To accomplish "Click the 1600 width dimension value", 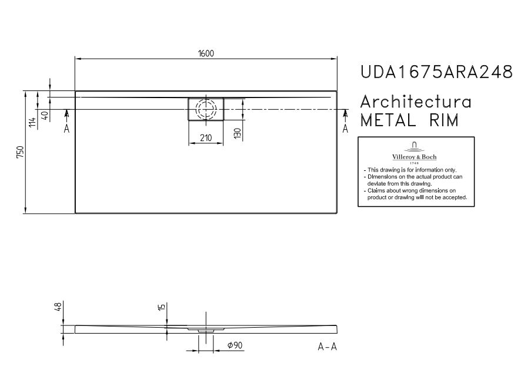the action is tap(206, 53).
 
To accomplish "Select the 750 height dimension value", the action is tap(21, 152).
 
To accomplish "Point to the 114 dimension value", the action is tap(32, 122).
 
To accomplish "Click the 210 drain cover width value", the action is tap(206, 137).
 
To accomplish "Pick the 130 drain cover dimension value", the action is tap(238, 133).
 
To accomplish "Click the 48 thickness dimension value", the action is tap(58, 307).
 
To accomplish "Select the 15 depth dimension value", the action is tap(162, 307).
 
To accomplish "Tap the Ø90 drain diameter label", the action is tap(235, 345).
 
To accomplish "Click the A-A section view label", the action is tap(327, 347).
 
